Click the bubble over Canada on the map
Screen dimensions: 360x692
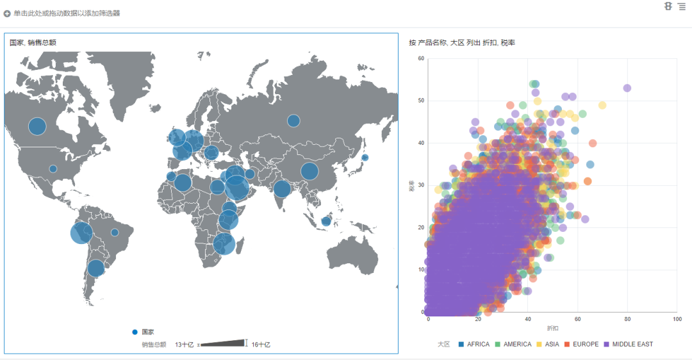coord(38,126)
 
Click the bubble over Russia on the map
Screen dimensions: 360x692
coord(293,120)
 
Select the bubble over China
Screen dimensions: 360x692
coord(309,171)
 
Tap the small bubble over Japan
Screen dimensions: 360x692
coord(365,158)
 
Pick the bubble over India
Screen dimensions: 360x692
coord(281,189)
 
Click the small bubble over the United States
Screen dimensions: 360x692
coord(53,169)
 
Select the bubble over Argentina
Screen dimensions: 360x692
coord(95,268)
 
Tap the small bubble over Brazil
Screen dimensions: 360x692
coord(115,233)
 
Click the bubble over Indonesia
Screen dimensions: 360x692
coord(325,222)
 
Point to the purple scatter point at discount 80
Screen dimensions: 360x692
coord(627,88)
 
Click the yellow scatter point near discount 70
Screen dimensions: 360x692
coord(602,105)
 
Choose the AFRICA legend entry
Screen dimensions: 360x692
coord(474,345)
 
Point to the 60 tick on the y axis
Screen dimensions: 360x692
coord(421,59)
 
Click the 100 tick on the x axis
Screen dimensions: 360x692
coord(677,319)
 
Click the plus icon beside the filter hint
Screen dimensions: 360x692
coord(7,13)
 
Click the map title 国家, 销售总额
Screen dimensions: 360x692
coord(33,43)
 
